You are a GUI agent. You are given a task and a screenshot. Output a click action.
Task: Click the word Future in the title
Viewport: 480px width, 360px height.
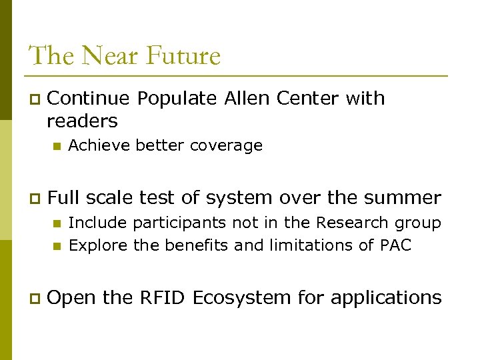coord(183,55)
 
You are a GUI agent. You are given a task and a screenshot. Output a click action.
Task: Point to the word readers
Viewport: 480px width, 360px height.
coord(82,121)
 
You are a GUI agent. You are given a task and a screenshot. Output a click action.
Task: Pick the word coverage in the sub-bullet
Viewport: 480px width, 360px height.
coord(226,145)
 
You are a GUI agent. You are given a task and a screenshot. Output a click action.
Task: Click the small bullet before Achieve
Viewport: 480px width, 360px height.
coord(56,146)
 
